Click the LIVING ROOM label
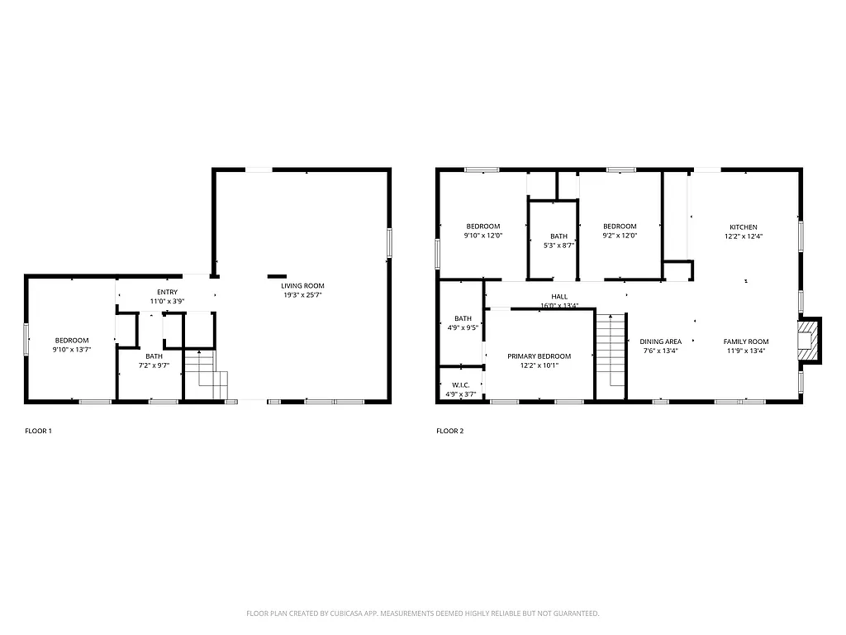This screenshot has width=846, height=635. click(302, 285)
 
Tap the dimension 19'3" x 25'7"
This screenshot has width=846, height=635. click(302, 295)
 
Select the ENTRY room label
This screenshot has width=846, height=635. click(167, 292)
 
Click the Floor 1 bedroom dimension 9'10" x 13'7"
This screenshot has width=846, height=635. click(72, 350)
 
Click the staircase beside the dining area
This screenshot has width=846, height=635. click(610, 351)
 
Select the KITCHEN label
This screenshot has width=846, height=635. click(743, 227)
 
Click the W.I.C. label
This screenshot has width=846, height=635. click(460, 384)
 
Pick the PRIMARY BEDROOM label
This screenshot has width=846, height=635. click(539, 356)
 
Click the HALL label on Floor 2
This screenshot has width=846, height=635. click(559, 296)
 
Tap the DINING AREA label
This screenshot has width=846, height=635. click(661, 341)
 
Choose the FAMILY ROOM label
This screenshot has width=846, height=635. click(746, 341)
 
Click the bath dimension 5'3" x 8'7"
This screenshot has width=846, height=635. click(559, 245)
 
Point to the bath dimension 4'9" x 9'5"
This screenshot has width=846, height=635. click(462, 327)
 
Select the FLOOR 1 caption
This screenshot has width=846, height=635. click(38, 431)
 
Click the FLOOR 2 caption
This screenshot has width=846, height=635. click(450, 431)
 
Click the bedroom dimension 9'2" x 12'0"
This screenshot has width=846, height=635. click(620, 236)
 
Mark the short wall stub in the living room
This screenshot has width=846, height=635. click(276, 276)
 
